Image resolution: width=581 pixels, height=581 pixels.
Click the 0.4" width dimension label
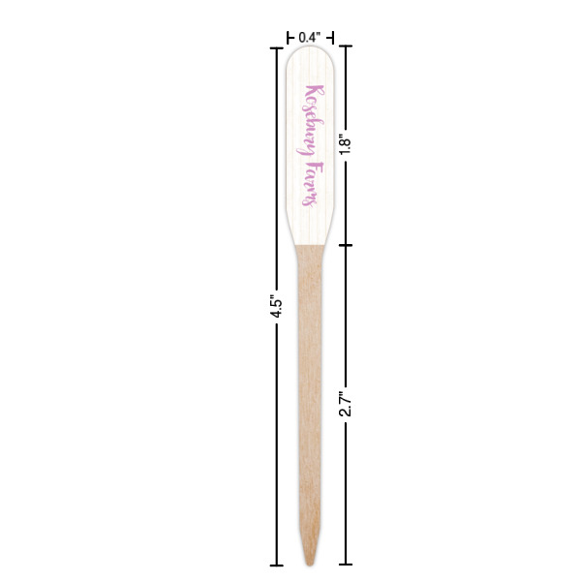click(309, 37)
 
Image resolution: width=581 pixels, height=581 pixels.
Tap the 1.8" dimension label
click(346, 144)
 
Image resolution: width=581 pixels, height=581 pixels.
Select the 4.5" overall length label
click(277, 306)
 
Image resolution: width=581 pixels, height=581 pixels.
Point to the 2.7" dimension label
click(346, 404)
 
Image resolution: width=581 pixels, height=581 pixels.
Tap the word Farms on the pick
click(311, 185)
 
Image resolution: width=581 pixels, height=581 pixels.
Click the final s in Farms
click(310, 203)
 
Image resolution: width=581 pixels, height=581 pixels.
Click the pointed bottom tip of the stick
click(310, 563)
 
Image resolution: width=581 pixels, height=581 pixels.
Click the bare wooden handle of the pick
click(310, 387)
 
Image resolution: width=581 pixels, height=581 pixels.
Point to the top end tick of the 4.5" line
click(277, 46)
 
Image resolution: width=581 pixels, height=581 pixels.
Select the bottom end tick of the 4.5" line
click(277, 565)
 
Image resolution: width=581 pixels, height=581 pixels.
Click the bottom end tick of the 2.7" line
click(346, 565)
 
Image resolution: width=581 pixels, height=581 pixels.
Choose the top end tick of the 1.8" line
click(346, 46)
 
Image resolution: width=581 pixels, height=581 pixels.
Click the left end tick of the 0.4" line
click(288, 37)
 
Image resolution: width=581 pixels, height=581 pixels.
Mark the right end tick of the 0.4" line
click(332, 37)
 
